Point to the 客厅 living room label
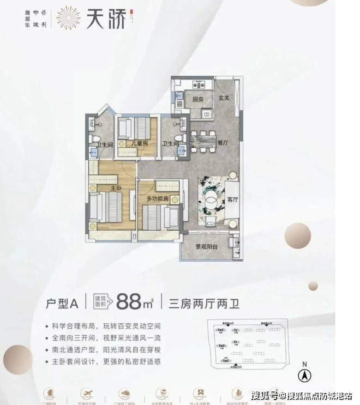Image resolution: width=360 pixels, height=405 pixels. (x=233, y=200)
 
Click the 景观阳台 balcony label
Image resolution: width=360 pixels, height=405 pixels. (x=210, y=246)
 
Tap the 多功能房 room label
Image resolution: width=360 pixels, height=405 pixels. (x=159, y=200)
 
